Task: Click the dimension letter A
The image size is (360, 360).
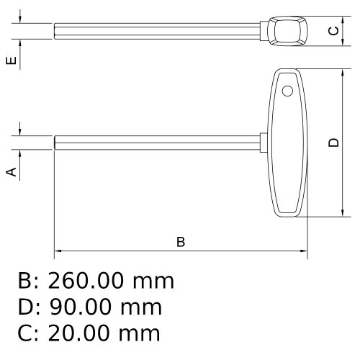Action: click(11, 171)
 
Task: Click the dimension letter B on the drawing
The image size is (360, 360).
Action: click(181, 241)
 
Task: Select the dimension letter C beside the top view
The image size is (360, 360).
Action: click(333, 30)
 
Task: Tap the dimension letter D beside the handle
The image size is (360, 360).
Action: click(333, 143)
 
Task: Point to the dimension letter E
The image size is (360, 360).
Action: click(11, 60)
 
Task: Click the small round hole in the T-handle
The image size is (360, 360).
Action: click(287, 91)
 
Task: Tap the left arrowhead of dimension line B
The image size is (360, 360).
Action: click(58, 252)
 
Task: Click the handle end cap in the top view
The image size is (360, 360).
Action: click(287, 30)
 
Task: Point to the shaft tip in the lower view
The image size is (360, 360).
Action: click(57, 143)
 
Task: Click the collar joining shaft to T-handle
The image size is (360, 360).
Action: click(264, 143)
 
